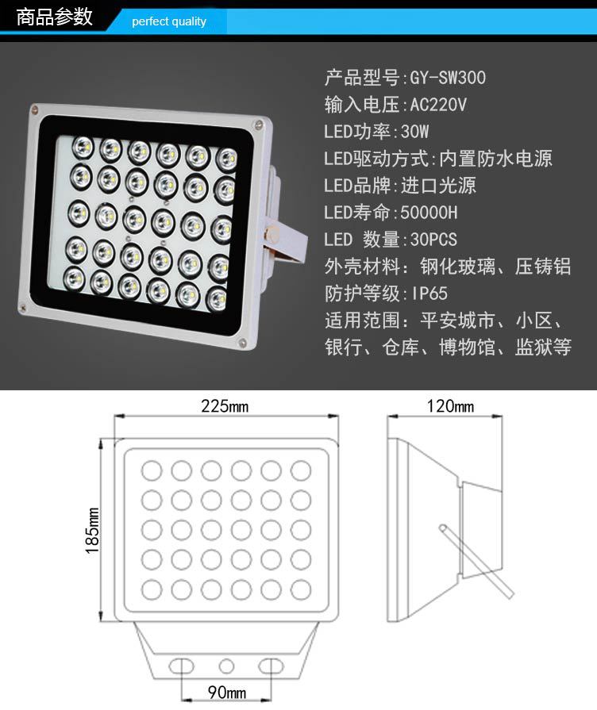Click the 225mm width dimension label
(225, 406)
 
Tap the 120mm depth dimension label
(449, 406)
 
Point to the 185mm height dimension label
(92, 530)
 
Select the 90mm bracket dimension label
(226, 693)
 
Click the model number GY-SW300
(448, 78)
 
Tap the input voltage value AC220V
(438, 105)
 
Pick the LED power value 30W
(414, 132)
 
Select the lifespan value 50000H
(429, 213)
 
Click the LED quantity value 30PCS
(433, 240)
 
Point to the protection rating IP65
(429, 294)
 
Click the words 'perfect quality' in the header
(168, 21)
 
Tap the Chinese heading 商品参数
(55, 17)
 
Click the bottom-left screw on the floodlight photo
(22, 309)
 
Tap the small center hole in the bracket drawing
(226, 666)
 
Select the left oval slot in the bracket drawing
(181, 666)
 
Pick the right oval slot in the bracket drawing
(271, 666)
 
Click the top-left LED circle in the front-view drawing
(152, 470)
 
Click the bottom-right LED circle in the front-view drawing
(301, 590)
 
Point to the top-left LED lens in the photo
(83, 148)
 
